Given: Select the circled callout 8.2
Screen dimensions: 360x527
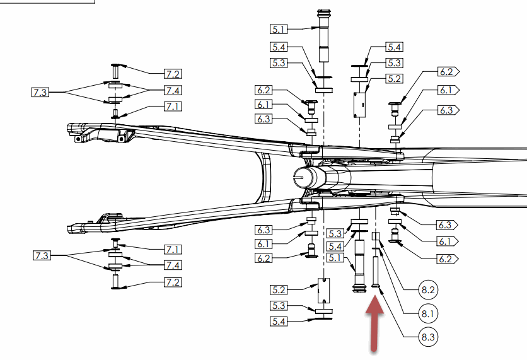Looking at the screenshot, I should [x=429, y=290].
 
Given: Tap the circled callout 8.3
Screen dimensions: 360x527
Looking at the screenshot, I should [x=429, y=337].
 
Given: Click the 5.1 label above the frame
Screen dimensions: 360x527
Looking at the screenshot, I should [x=279, y=29].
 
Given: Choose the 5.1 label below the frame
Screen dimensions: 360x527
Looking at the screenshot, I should [x=334, y=258].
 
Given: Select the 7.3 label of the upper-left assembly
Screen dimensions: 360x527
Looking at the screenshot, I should [x=40, y=93].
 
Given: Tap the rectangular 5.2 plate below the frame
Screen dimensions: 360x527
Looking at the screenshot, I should [x=323, y=291].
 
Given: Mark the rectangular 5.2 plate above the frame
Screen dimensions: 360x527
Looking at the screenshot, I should [x=359, y=103].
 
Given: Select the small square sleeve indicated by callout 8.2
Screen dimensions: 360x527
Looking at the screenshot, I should [x=375, y=238].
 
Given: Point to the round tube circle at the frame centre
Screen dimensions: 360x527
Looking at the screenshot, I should [x=306, y=178].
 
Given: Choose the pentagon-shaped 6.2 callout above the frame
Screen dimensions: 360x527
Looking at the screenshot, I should [x=448, y=72].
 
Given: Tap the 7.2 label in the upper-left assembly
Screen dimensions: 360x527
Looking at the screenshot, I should [x=173, y=74].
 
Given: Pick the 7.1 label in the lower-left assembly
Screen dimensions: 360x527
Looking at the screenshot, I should [x=173, y=249].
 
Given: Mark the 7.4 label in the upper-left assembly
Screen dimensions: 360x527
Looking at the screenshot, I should [x=173, y=90].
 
